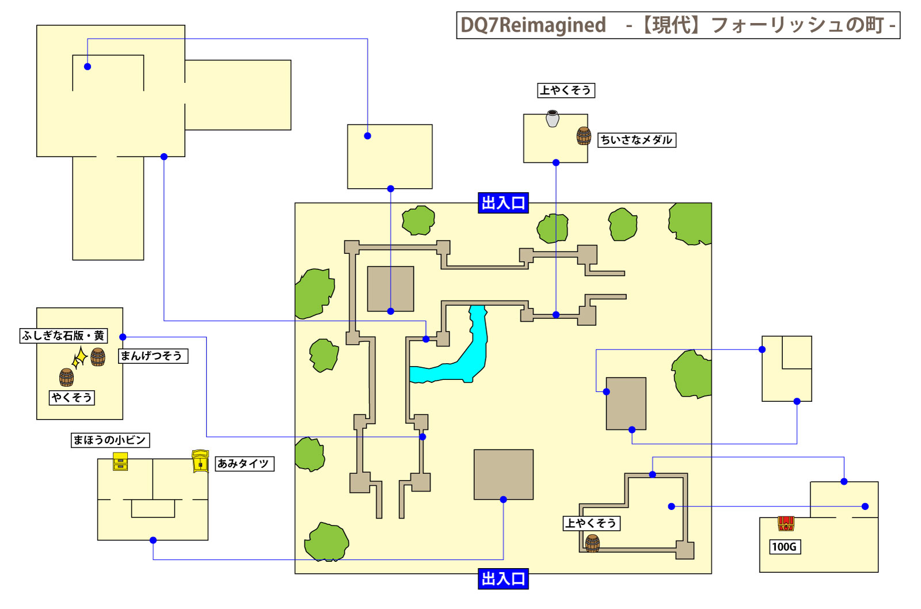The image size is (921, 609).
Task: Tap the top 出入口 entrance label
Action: click(503, 203)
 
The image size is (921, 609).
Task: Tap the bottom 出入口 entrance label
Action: click(503, 578)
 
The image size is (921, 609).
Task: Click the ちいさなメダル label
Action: click(636, 140)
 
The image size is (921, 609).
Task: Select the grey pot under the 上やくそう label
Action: click(553, 119)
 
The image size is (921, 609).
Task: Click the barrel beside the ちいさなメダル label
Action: click(584, 136)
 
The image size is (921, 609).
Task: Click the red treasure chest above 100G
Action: click(786, 523)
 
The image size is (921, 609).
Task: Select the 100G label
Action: click(784, 547)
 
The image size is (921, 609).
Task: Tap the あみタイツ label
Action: click(244, 464)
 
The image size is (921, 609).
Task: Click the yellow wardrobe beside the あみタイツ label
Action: click(200, 462)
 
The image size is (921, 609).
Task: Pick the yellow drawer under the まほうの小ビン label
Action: click(120, 462)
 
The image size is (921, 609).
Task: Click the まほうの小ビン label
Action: click(109, 440)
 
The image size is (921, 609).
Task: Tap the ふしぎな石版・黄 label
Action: click(63, 336)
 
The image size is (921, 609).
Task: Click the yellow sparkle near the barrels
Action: click(79, 358)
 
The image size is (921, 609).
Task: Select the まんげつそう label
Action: click(153, 356)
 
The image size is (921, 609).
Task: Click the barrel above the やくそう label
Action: click(67, 378)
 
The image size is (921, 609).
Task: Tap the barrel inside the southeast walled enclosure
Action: click(592, 543)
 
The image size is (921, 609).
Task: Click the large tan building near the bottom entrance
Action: click(503, 474)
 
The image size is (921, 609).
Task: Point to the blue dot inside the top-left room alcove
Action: click(87, 67)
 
